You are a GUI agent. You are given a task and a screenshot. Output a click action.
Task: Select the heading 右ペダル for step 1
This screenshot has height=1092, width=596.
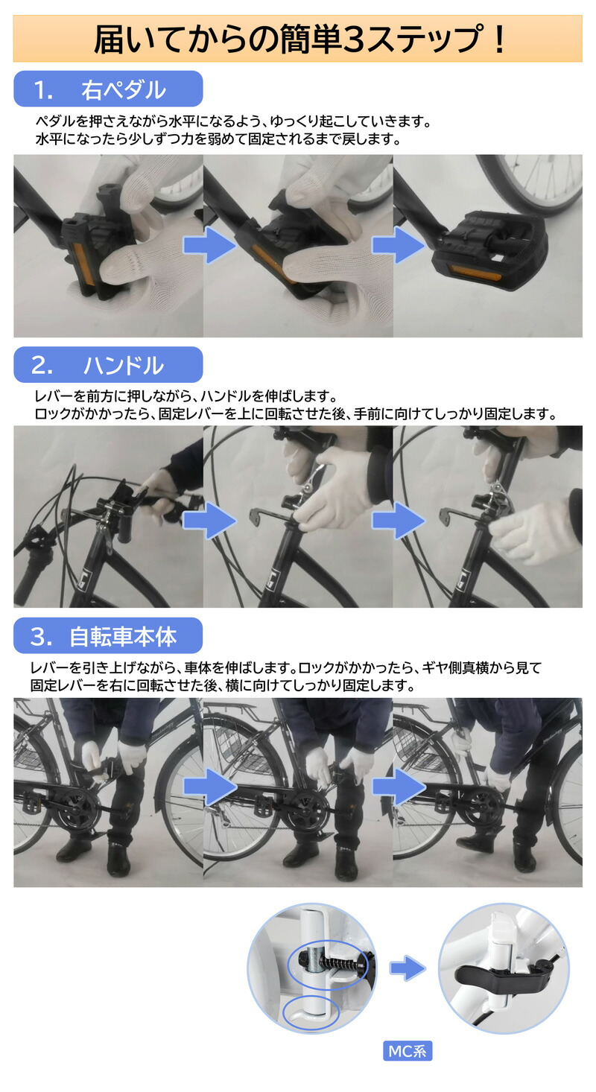click(124, 89)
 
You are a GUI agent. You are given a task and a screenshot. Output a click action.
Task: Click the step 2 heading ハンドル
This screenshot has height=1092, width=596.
click(123, 365)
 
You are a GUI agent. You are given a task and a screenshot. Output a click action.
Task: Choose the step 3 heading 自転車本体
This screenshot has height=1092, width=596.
click(123, 636)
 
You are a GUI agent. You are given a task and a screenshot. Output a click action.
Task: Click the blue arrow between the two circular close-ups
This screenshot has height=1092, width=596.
click(408, 968)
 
